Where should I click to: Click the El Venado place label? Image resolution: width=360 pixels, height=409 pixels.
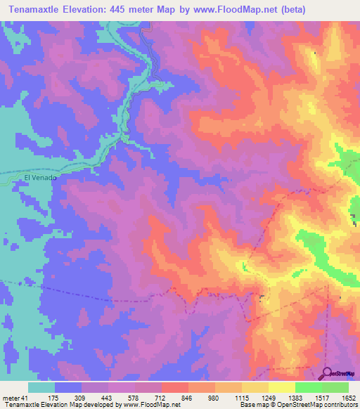(x=40, y=178)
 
